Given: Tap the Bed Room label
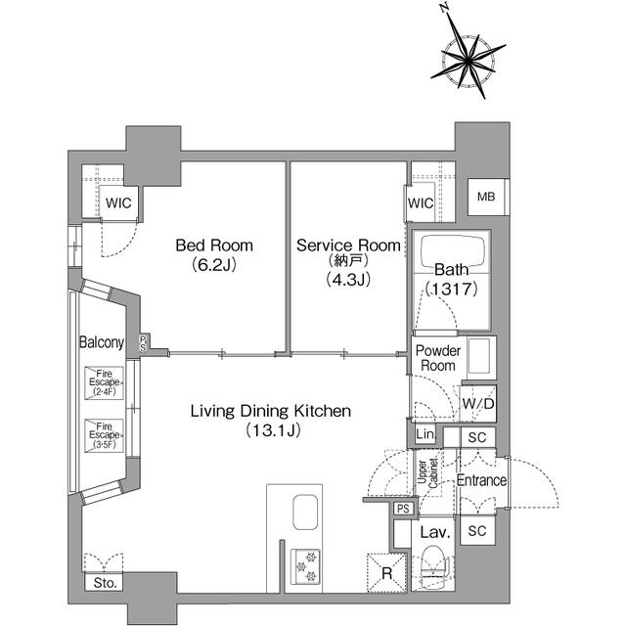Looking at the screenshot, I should coord(213,254).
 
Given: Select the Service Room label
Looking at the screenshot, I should coord(348,254).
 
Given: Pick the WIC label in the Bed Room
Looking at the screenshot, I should coord(120,204).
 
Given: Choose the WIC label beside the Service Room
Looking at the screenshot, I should coord(420,203).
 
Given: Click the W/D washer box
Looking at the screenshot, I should coord(478,404).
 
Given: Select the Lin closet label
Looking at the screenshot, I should coord(425,435).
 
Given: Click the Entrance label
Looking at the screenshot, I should coord(481,480).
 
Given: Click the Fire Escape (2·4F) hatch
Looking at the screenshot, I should coord(105,380).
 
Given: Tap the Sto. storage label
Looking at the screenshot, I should coord(105,583).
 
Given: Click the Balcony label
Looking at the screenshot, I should coord(102,342).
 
